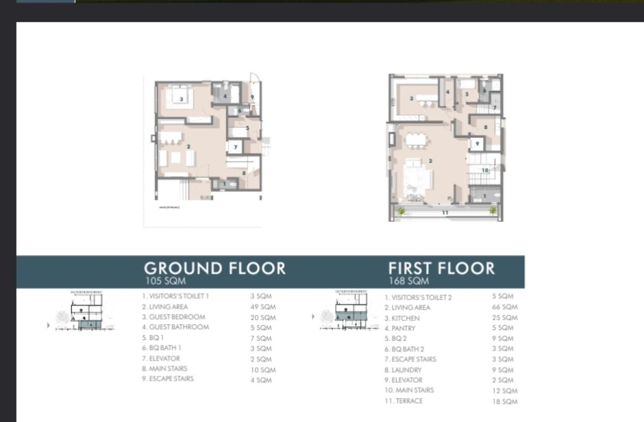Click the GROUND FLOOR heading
click(x=215, y=268)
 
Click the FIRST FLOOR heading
click(x=441, y=268)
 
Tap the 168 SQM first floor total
click(x=408, y=281)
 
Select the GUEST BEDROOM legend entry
click(x=173, y=317)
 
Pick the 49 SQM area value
click(x=263, y=307)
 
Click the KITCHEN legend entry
click(x=402, y=318)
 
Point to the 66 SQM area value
click(x=504, y=307)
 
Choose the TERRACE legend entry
click(x=403, y=401)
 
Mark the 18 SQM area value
click(x=504, y=402)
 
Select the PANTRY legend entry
click(x=400, y=328)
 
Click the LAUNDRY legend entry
click(x=403, y=370)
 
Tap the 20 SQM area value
click(x=263, y=317)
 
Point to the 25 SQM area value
click(x=504, y=318)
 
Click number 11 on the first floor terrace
click(x=445, y=213)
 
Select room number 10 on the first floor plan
click(x=485, y=170)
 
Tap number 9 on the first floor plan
click(x=477, y=143)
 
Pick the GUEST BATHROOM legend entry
click(x=175, y=327)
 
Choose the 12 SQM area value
click(x=504, y=391)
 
